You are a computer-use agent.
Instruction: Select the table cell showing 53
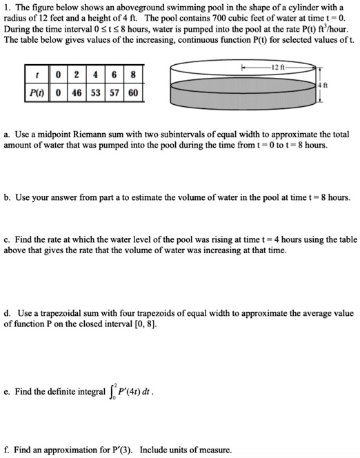coord(93,92)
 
